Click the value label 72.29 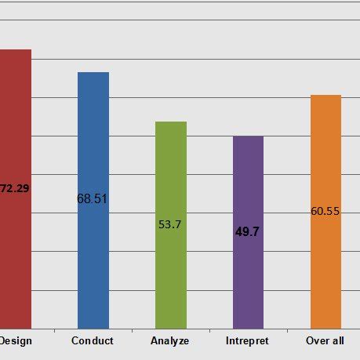coord(14,188)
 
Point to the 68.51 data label coord(92,198)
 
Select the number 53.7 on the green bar coord(169,224)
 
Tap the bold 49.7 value coord(247,232)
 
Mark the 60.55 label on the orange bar coord(325,211)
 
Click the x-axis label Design coord(15,341)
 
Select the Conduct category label coord(92,341)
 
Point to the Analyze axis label coord(169,341)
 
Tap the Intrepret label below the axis coord(247,341)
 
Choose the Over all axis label coord(325,341)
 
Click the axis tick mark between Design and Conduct coord(54,331)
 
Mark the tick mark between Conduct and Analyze coord(132,331)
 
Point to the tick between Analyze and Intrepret coord(209,331)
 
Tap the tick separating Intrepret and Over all coord(287,331)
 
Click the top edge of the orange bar coord(325,96)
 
